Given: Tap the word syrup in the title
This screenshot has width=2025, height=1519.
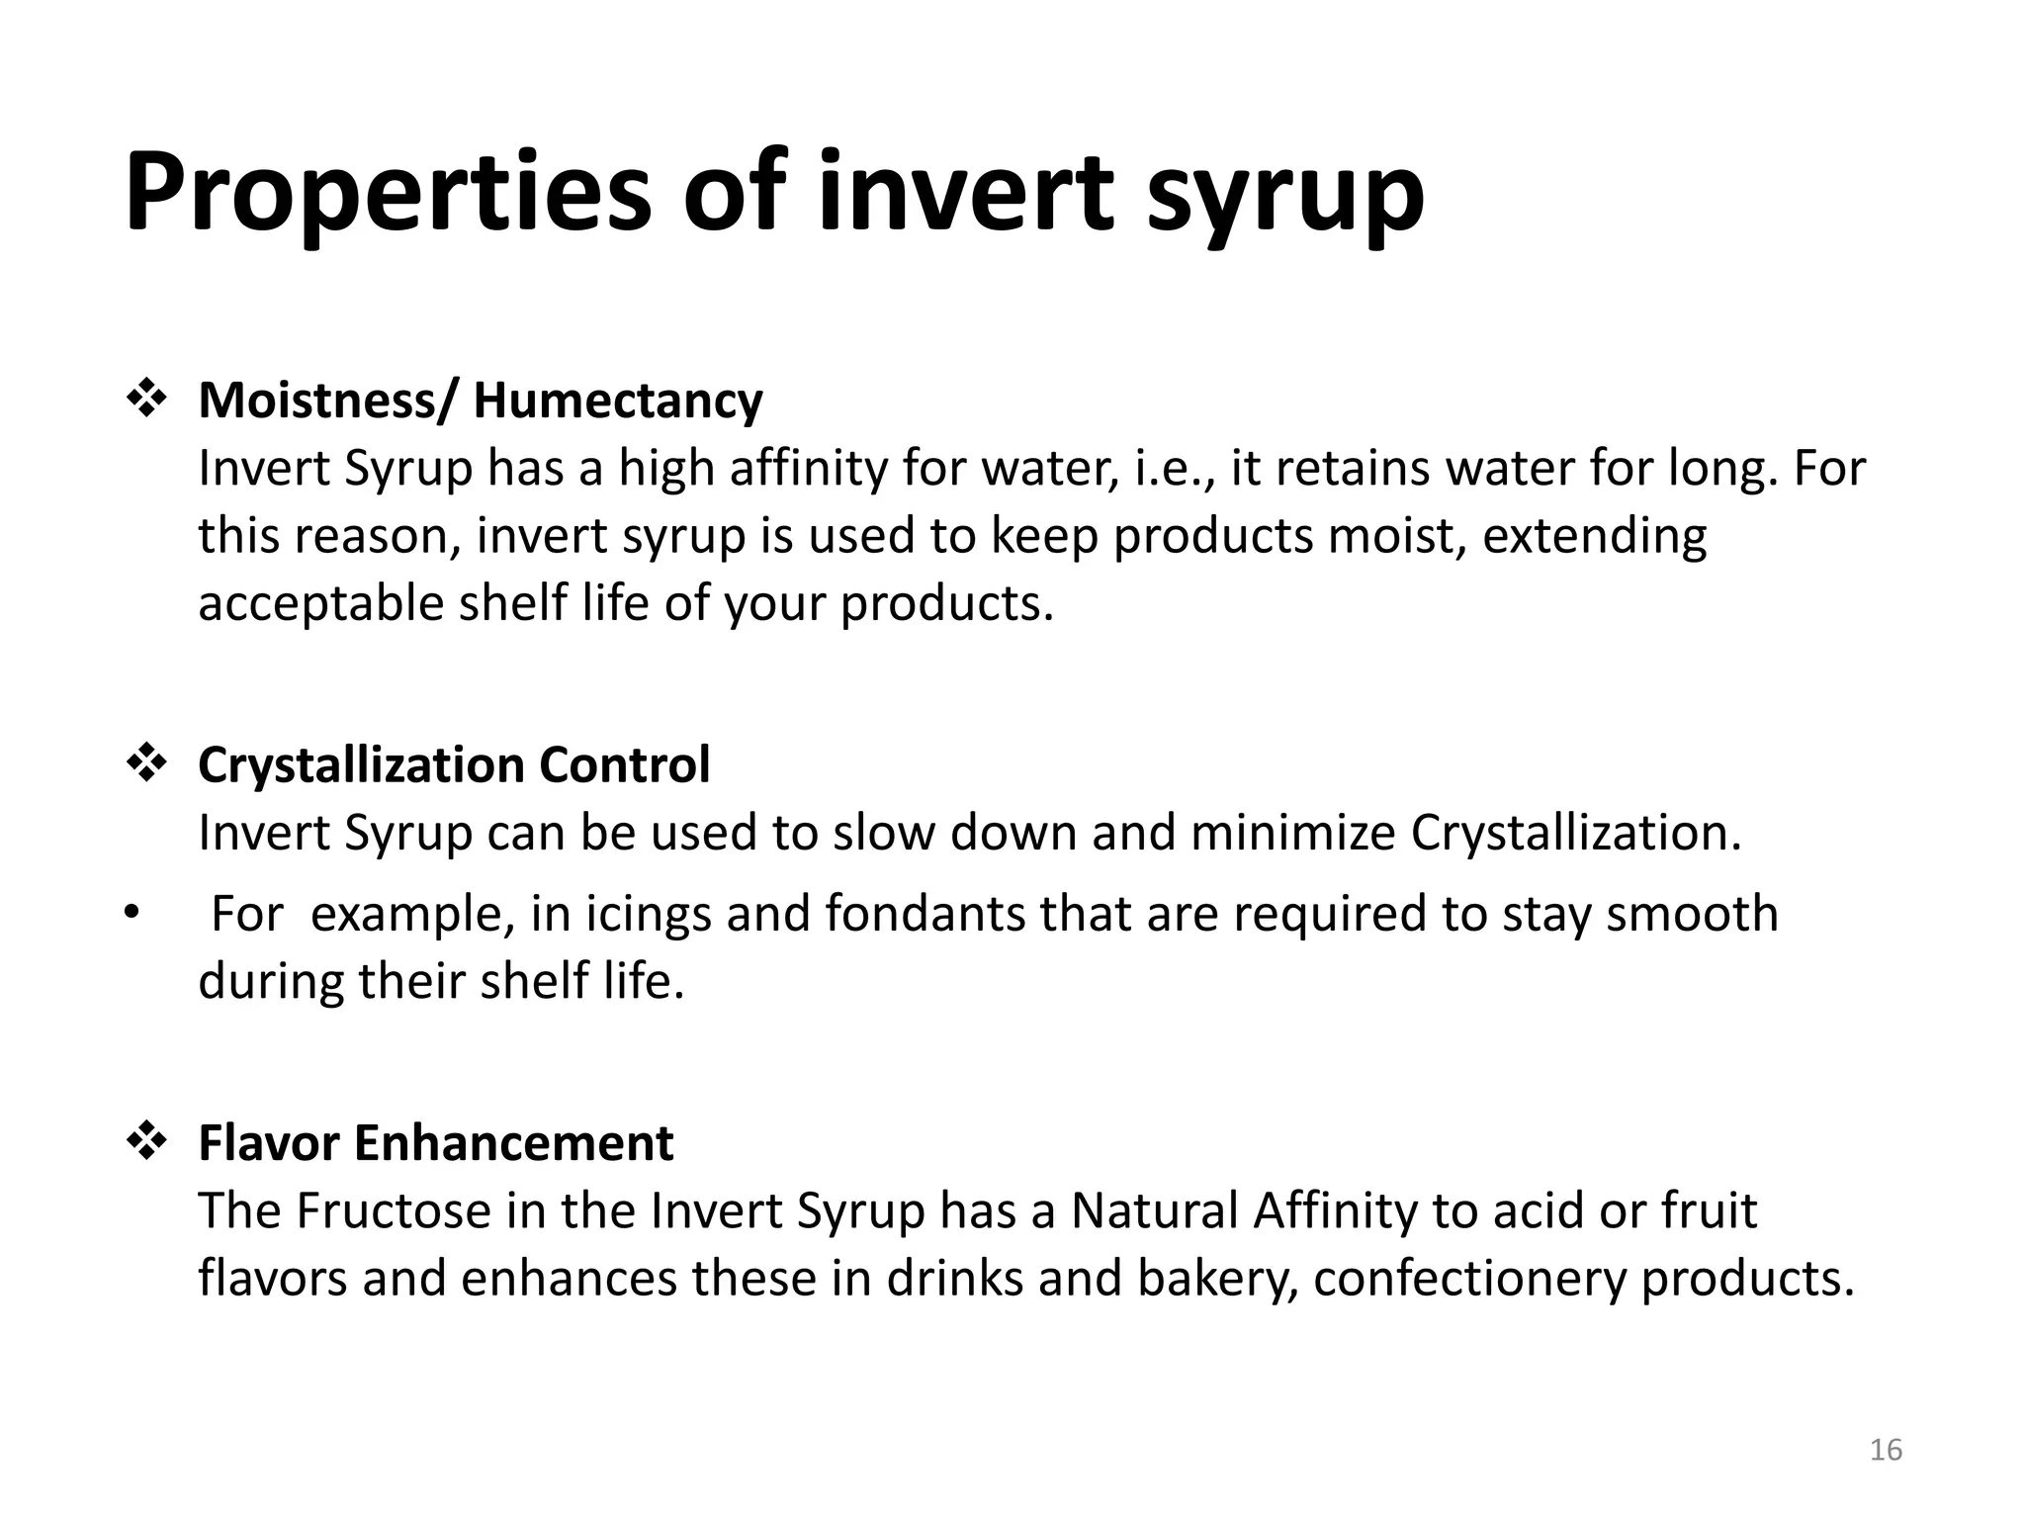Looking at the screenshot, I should [x=1284, y=198].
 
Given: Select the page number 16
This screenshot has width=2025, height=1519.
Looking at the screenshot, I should [x=1886, y=1450].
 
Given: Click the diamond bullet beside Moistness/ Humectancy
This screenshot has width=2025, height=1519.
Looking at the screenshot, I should [x=146, y=400].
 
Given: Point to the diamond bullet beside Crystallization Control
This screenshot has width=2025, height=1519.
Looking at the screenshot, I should [x=146, y=764].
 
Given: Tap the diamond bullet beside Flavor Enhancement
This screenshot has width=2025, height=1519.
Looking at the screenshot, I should [x=146, y=1142].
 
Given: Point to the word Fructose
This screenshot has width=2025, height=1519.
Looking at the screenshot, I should [x=394, y=1210].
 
